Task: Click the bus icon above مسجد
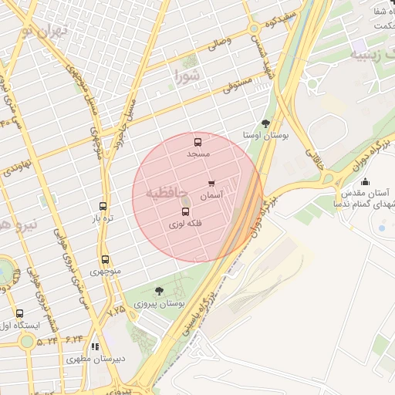tap(197, 142)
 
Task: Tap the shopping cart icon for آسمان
tap(211, 184)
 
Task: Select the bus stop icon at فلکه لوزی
tap(184, 211)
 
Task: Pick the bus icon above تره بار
tap(103, 206)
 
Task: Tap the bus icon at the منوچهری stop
tap(105, 259)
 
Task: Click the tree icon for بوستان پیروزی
tap(159, 291)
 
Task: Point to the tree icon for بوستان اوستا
tap(266, 123)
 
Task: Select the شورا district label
tap(187, 76)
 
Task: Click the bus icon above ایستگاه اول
tap(19, 313)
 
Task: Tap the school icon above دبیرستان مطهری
tap(95, 347)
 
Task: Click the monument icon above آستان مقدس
tap(365, 181)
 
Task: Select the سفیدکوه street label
tap(280, 19)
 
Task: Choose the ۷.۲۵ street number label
tap(116, 309)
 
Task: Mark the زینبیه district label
tap(369, 55)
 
